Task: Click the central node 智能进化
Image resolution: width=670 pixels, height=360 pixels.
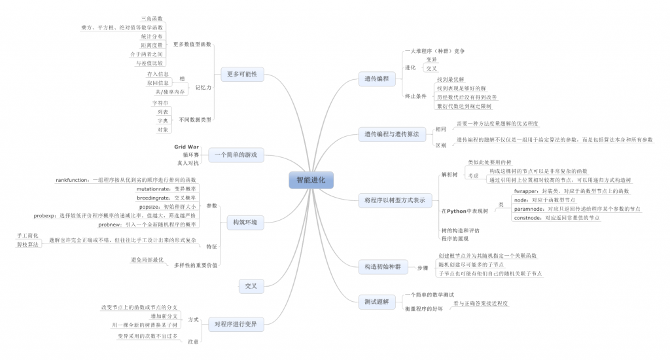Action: (311, 179)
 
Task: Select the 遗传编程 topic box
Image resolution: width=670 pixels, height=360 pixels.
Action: (376, 79)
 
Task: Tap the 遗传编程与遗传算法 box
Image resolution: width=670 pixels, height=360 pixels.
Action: (391, 134)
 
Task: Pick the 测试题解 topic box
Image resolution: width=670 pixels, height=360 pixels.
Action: (376, 302)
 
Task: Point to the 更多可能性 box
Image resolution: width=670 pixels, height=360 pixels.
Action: (242, 74)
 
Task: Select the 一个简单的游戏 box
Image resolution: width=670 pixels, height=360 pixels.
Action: (236, 156)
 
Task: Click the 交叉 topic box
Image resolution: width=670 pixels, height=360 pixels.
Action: (251, 286)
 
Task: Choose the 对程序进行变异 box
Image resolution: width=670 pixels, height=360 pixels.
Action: (236, 323)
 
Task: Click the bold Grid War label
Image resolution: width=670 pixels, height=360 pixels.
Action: (186, 147)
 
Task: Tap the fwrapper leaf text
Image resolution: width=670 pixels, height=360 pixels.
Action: (526, 190)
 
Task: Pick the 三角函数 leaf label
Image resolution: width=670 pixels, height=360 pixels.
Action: (152, 18)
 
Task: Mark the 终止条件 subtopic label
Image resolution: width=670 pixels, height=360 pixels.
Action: (415, 96)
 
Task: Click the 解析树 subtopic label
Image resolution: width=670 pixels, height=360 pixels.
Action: (451, 175)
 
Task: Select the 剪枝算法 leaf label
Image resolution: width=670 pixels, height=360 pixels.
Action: (27, 243)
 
